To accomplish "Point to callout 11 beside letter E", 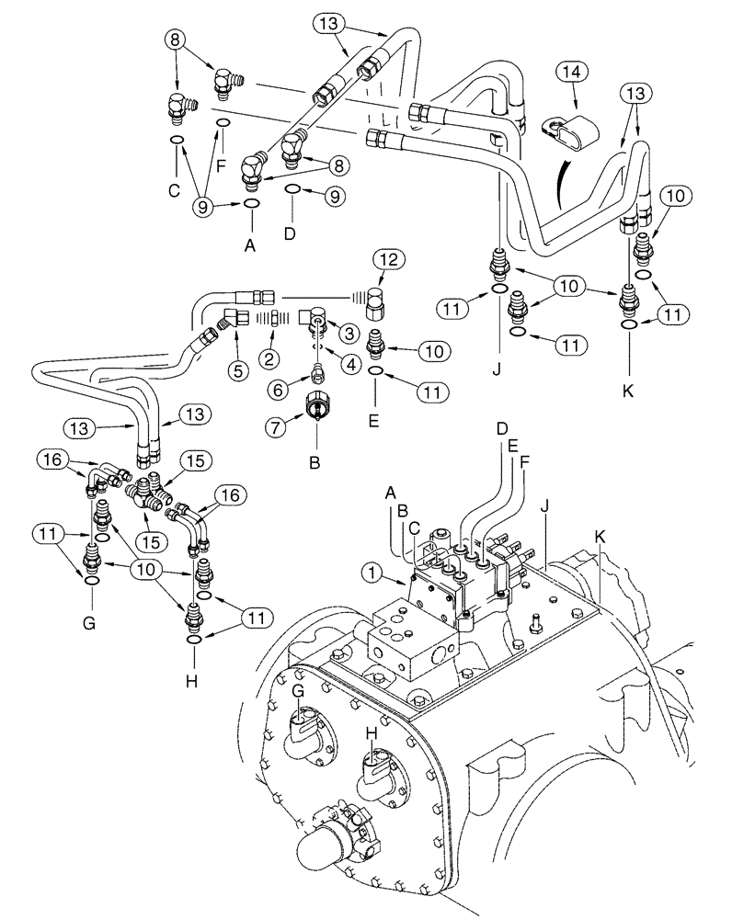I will tap(429, 391).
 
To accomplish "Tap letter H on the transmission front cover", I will tap(372, 734).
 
